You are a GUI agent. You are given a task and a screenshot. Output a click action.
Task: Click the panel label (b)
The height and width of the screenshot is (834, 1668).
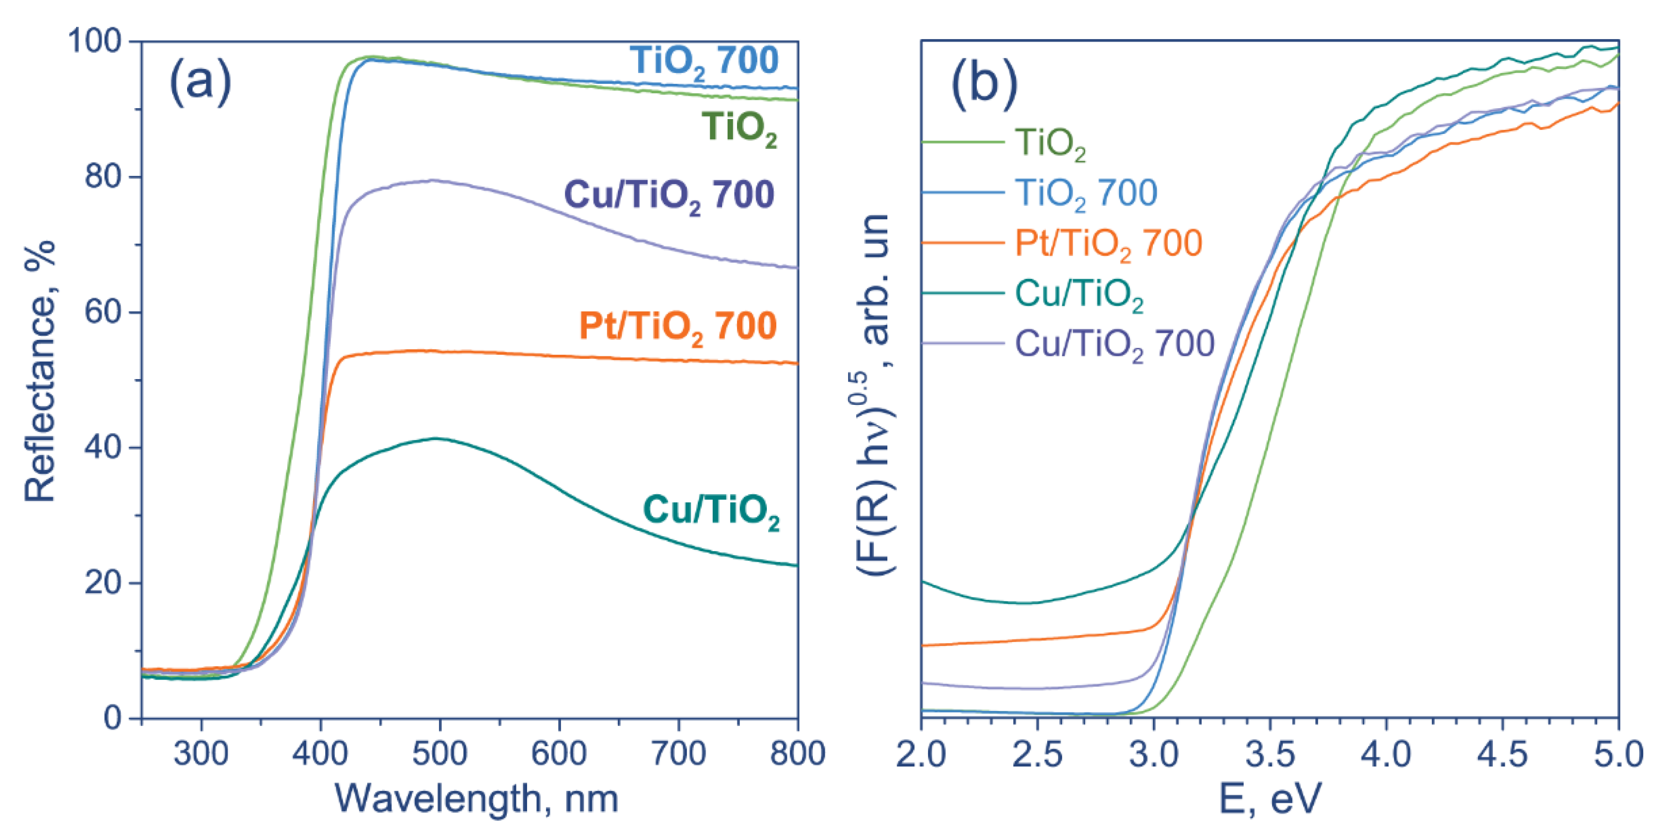tap(984, 84)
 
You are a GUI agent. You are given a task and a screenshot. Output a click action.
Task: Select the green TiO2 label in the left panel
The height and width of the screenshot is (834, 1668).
tap(739, 128)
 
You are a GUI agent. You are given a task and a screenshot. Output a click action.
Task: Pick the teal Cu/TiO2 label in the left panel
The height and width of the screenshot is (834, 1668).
tap(711, 511)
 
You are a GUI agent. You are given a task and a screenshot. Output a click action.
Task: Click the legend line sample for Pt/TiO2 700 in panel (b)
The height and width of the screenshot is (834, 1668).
tap(962, 243)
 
